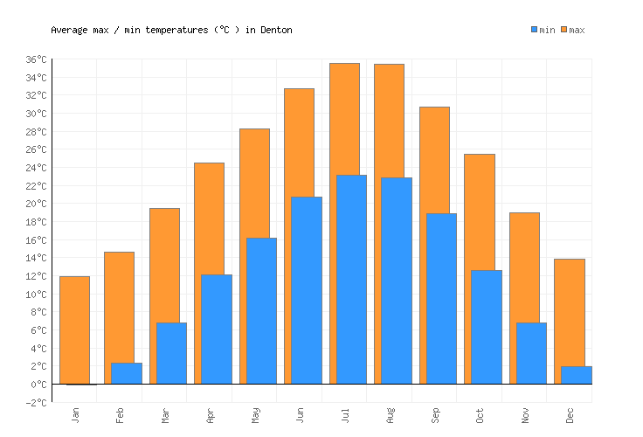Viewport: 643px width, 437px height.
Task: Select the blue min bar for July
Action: pyautogui.click(x=351, y=279)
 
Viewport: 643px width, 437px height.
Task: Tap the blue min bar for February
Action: pyautogui.click(x=127, y=373)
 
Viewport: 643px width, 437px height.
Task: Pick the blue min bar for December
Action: pyautogui.click(x=577, y=375)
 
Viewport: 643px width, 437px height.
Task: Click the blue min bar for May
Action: pyautogui.click(x=261, y=310)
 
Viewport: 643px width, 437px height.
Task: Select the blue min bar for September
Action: pyautogui.click(x=441, y=298)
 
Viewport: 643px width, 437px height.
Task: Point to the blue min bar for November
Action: pyautogui.click(x=531, y=353)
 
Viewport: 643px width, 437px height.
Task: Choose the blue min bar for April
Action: pyautogui.click(x=217, y=329)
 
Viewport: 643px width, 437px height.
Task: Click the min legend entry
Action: pyautogui.click(x=543, y=30)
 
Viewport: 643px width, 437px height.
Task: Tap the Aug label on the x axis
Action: pyautogui.click(x=390, y=414)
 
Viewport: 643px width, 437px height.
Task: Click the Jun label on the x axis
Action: pyautogui.click(x=300, y=414)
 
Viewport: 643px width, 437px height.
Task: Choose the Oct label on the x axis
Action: pyautogui.click(x=480, y=414)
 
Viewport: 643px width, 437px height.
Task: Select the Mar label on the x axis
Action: pyautogui.click(x=164, y=414)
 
